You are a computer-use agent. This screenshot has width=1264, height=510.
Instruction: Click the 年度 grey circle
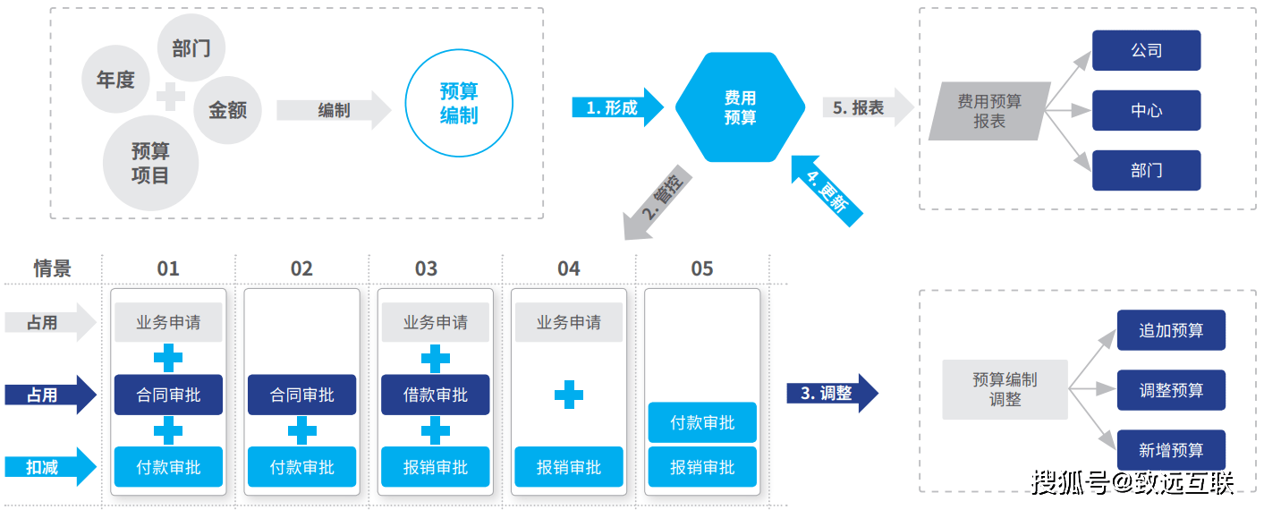115,80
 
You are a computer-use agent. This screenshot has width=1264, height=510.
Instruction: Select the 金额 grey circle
227,110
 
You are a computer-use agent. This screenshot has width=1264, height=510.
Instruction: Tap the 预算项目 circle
149,163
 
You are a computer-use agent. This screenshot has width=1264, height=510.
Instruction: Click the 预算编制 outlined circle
459,103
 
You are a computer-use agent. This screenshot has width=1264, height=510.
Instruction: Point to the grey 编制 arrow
334,110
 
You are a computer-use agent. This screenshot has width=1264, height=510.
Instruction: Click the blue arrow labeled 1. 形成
615,107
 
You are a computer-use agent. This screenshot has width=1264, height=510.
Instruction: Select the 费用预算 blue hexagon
740,106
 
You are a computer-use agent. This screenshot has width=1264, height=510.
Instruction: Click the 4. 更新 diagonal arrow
827,191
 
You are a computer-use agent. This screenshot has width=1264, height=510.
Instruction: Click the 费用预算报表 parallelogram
989,111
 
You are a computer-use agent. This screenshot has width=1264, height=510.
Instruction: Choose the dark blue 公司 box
1146,50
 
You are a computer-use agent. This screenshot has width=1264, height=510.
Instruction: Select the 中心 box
1146,110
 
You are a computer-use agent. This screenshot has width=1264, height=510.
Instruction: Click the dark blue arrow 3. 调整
831,393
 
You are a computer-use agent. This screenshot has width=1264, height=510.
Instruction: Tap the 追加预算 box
1170,330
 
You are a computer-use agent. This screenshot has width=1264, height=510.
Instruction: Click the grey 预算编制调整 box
1005,390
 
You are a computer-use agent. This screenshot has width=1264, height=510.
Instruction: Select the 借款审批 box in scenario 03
435,395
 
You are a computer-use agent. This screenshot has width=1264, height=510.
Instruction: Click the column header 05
702,268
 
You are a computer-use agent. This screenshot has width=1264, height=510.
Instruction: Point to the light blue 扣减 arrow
49,466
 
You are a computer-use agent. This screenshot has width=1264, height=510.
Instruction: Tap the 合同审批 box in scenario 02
301,395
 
